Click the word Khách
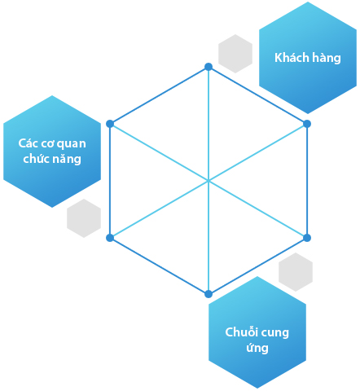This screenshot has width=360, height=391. pyautogui.click(x=292, y=58)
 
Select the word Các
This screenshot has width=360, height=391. pyautogui.click(x=28, y=143)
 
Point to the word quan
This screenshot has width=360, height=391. pyautogui.click(x=72, y=144)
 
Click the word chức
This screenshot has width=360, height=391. pyautogui.click(x=35, y=158)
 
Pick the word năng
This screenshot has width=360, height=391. pyautogui.click(x=67, y=159)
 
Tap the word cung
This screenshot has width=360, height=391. pyautogui.click(x=274, y=333)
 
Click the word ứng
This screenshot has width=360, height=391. pyautogui.click(x=257, y=348)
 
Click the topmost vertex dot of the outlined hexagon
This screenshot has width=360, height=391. pyautogui.click(x=209, y=67)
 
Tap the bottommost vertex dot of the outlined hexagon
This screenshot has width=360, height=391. pyautogui.click(x=209, y=294)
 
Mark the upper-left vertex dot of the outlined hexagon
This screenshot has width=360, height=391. pyautogui.click(x=110, y=124)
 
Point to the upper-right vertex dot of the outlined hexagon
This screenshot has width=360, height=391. pyautogui.click(x=307, y=124)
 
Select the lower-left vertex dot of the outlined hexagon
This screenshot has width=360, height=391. pyautogui.click(x=110, y=238)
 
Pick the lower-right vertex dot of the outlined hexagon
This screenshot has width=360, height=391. pyautogui.click(x=307, y=238)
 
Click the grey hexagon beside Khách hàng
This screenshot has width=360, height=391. pyautogui.click(x=235, y=54)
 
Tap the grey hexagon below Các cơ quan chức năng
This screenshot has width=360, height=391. pyautogui.click(x=84, y=218)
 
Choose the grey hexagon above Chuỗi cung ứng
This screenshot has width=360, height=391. pyautogui.click(x=296, y=272)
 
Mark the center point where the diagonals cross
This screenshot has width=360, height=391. pyautogui.click(x=209, y=181)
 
